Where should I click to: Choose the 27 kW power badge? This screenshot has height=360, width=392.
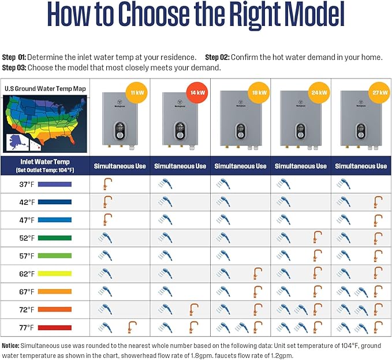pos(378,92)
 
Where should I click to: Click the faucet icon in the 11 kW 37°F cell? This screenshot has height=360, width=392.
pos(107,184)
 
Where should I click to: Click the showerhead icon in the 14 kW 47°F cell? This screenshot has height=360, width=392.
pos(166,219)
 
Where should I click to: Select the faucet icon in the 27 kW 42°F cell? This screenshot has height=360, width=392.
pos(378,202)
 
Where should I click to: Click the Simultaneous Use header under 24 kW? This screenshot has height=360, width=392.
pos(300,166)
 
